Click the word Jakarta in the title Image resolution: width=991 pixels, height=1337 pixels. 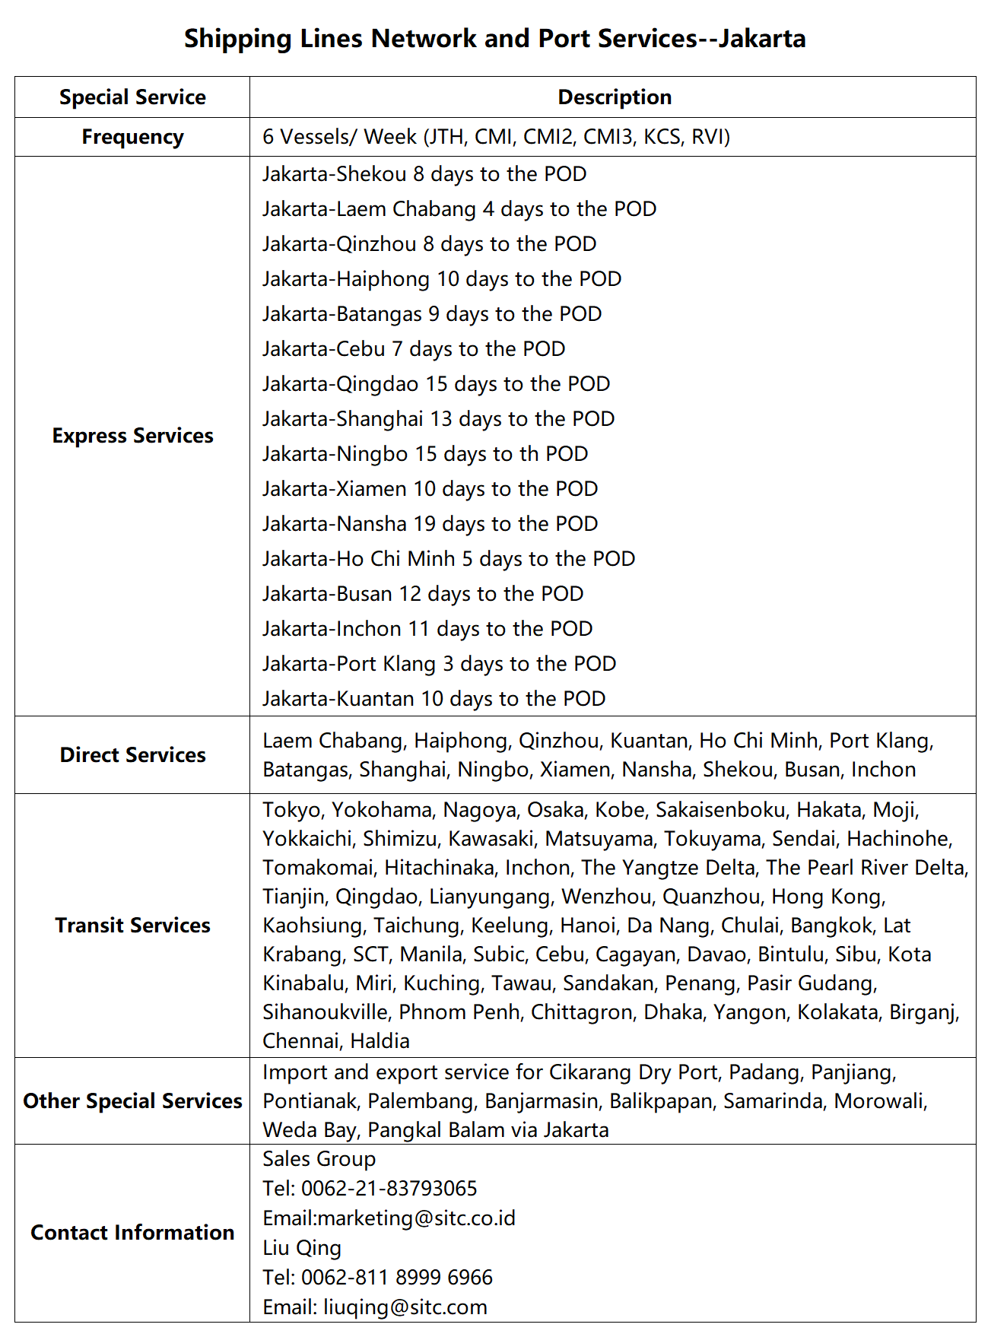pyautogui.click(x=762, y=38)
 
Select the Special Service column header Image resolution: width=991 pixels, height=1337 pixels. pyautogui.click(x=132, y=97)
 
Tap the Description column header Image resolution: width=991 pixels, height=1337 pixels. pyautogui.click(x=615, y=97)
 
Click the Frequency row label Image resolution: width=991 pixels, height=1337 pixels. pyautogui.click(x=132, y=137)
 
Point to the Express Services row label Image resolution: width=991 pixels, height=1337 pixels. pyautogui.click(x=132, y=436)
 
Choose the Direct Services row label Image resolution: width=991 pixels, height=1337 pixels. pyautogui.click(x=132, y=755)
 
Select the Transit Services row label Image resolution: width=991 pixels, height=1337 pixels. pyautogui.click(x=132, y=926)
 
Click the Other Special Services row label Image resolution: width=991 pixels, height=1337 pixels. pyautogui.click(x=132, y=1101)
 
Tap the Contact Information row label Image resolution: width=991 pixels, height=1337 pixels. pyautogui.click(x=132, y=1233)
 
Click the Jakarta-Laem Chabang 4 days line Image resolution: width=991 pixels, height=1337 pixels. pyautogui.click(x=459, y=209)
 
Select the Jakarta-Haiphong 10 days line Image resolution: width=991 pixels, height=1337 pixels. pyautogui.click(x=442, y=279)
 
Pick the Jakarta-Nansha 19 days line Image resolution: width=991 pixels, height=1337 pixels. pyautogui.click(x=430, y=524)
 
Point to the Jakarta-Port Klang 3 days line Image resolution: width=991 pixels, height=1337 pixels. pyautogui.click(x=439, y=664)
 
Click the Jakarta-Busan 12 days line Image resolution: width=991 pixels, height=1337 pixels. pyautogui.click(x=423, y=594)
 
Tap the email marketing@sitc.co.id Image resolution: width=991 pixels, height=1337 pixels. pyautogui.click(x=416, y=1218)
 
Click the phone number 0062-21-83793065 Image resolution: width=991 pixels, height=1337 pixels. pyautogui.click(x=389, y=1189)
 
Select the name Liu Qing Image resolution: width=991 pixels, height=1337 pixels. pyautogui.click(x=302, y=1248)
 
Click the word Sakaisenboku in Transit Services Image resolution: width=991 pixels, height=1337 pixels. pyautogui.click(x=720, y=810)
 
